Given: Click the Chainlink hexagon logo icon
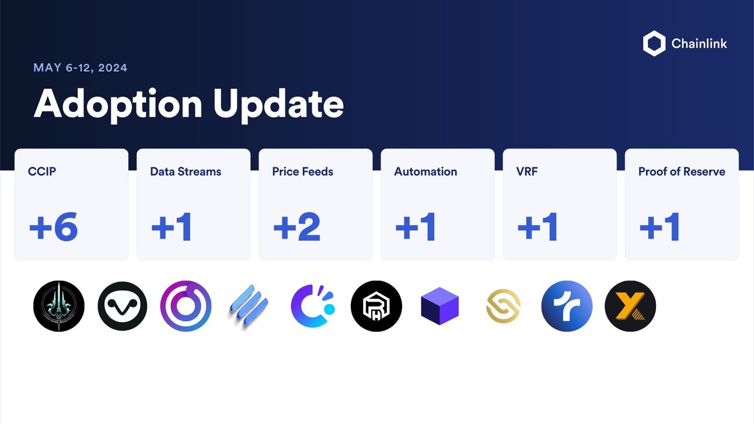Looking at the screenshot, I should [654, 44].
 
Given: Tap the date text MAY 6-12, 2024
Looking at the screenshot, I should [81, 68].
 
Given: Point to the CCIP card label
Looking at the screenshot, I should [42, 171].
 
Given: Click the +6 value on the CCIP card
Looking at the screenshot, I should [53, 227].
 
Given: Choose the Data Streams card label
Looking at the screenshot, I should [186, 171].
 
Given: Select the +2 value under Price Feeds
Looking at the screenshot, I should [296, 227].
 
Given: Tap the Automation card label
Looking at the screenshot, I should [425, 171].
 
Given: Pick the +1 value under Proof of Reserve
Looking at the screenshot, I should [659, 227].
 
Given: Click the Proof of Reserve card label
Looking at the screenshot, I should [682, 171].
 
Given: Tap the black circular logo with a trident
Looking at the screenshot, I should [59, 306].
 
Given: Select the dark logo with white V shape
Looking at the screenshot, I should [123, 306].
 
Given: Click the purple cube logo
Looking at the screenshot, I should [439, 306].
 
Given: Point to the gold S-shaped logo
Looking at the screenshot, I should [503, 306].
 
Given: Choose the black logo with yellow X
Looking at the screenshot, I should [630, 306].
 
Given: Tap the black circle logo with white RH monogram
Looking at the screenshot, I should [376, 306].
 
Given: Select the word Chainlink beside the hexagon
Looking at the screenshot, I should [699, 44].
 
